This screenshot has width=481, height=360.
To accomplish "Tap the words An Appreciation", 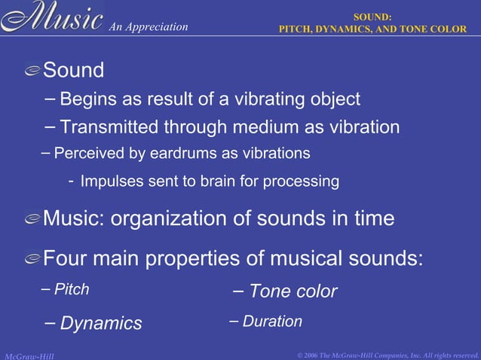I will [148, 27].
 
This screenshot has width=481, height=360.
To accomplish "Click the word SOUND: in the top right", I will [373, 17].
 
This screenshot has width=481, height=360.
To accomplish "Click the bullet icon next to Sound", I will [32, 72].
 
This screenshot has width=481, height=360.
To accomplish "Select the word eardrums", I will [182, 154].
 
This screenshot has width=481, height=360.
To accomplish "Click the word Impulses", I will [108, 182].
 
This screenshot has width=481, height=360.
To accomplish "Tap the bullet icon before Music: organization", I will [32, 219].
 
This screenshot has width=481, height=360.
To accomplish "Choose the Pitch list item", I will [72, 289].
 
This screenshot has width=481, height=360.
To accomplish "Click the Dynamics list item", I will [100, 324].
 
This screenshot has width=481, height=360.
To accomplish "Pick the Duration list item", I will [272, 322].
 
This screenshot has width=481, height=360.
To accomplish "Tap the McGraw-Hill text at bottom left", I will [29, 355].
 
